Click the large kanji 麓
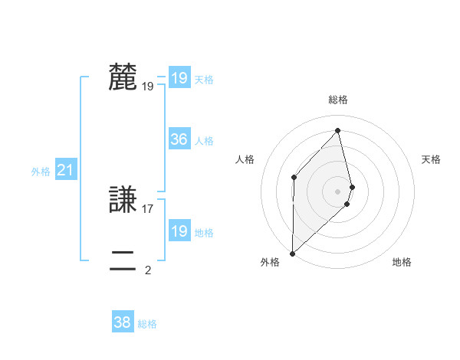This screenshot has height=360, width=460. (x=123, y=77)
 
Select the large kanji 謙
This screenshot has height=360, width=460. (x=123, y=200)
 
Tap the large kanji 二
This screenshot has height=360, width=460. (x=123, y=260)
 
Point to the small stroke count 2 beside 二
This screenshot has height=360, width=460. (x=148, y=270)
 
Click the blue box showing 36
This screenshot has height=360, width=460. (x=179, y=139)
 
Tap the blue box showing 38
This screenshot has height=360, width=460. (x=123, y=322)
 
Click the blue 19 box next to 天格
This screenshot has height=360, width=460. (x=179, y=78)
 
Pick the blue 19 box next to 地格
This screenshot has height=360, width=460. (x=179, y=231)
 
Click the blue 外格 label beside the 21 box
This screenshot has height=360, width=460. (x=41, y=172)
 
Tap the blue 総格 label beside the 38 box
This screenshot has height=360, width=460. (x=147, y=324)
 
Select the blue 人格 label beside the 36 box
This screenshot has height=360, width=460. (x=205, y=141)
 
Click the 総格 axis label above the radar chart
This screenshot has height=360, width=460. (x=338, y=100)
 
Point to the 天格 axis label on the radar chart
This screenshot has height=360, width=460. (x=432, y=159)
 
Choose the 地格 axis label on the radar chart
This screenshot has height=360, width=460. (x=402, y=262)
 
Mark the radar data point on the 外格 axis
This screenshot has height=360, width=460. (x=292, y=253)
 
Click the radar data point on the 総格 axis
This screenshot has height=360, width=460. (x=338, y=130)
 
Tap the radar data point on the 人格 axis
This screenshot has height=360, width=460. (x=294, y=177)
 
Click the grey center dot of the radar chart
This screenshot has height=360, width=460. (x=338, y=191)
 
